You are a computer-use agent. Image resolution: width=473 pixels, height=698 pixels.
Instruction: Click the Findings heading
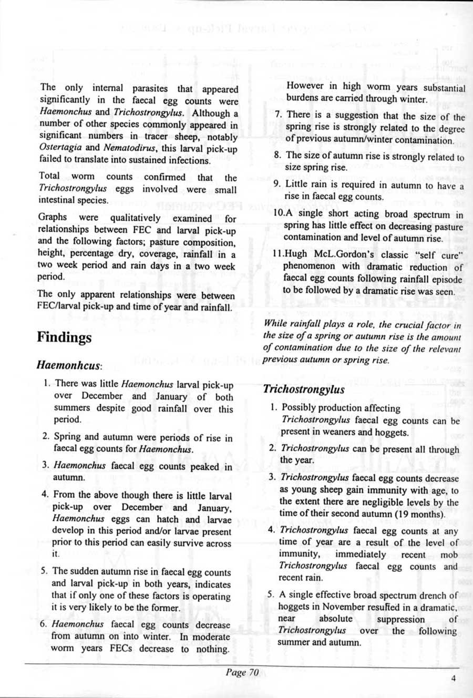click(x=64, y=337)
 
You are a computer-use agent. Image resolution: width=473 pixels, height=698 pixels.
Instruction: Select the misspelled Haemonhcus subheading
click(x=69, y=364)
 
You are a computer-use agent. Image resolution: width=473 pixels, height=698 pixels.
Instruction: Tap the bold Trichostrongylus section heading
click(x=304, y=389)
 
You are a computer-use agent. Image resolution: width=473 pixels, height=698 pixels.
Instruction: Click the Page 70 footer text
click(x=242, y=672)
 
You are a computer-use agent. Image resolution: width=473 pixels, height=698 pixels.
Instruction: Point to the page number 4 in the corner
click(x=454, y=678)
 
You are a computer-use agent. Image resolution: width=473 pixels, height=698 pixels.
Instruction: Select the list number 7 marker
click(x=279, y=115)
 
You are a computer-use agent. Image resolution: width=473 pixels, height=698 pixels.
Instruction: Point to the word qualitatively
click(x=135, y=218)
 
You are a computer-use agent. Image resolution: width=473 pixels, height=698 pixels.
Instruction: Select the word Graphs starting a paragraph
click(x=52, y=217)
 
